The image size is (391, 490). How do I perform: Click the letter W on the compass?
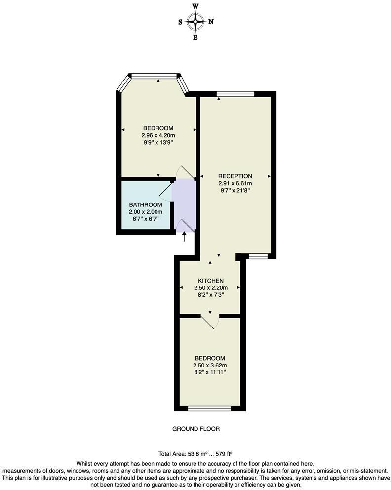coord(195,6)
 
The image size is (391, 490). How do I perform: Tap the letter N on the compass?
coord(211,22)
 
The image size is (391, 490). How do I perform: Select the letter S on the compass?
coord(181,22)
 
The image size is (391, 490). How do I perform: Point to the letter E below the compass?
coord(195,38)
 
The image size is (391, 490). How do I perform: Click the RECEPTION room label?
coord(235,176)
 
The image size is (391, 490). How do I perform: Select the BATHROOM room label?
coord(146,205)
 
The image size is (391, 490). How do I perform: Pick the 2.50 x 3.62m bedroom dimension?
coord(210,366)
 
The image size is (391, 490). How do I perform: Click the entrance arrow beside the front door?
coord(185,237)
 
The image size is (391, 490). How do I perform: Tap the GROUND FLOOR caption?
coord(195,429)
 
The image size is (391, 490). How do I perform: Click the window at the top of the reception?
coord(235,93)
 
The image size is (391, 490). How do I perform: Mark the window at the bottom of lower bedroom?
coord(209,408)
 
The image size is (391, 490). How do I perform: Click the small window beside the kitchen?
coord(258,256)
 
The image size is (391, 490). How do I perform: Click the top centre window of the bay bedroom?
coord(154,76)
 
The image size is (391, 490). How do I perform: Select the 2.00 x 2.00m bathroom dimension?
coord(146,212)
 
